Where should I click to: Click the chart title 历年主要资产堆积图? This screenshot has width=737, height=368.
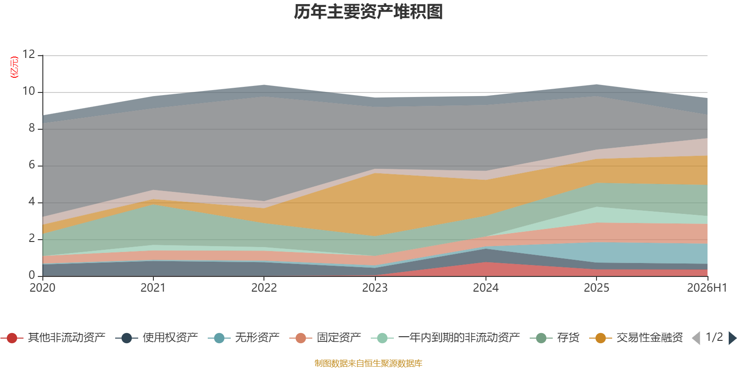[368, 12]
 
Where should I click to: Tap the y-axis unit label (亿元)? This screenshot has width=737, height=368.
[14, 67]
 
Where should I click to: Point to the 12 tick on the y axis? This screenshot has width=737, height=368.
[29, 54]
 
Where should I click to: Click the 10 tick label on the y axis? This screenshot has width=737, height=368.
[29, 91]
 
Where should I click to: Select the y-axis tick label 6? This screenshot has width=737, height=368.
[32, 165]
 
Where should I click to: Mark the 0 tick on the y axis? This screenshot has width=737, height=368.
[32, 275]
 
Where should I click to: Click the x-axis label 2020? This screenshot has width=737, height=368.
[42, 288]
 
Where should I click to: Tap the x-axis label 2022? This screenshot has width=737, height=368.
[264, 288]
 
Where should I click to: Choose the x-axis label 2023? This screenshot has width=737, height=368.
[375, 288]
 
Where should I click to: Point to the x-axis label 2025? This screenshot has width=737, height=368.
[597, 288]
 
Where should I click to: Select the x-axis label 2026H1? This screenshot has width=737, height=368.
[707, 288]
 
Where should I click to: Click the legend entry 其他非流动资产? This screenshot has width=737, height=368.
[53, 338]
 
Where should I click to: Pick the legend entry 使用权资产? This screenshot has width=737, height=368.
[157, 338]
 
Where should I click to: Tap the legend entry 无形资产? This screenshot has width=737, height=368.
[244, 338]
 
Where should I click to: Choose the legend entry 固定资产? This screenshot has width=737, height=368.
[325, 338]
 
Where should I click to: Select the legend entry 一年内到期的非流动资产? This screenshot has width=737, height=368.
[445, 338]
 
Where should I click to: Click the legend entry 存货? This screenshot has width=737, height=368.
[555, 338]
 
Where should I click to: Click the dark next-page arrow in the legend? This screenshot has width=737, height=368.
[732, 338]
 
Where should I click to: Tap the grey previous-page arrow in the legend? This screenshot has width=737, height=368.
[696, 338]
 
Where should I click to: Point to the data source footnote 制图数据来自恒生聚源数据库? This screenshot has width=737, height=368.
[368, 363]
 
